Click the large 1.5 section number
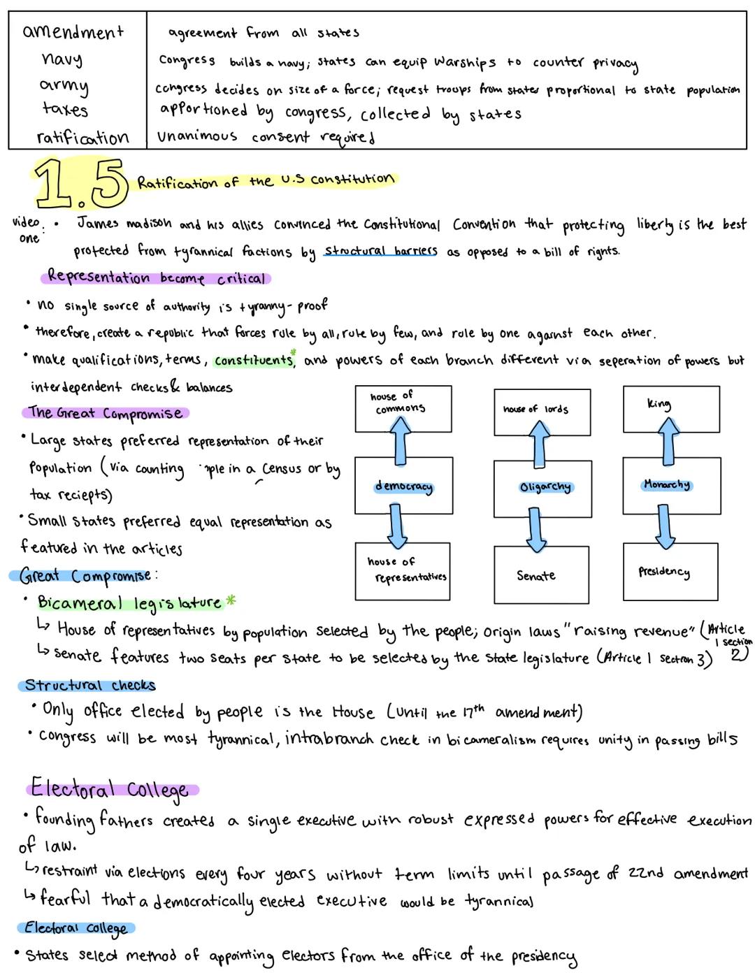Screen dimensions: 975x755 point(80,184)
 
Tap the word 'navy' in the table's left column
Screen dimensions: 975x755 point(62,59)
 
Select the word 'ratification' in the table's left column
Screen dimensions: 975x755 point(82,137)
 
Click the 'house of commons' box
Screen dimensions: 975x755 point(403,408)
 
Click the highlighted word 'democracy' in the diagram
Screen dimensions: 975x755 point(403,486)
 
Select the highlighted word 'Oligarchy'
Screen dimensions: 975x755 point(545,486)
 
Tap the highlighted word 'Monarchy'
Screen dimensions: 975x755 point(666,484)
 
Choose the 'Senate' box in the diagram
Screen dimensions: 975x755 point(541,575)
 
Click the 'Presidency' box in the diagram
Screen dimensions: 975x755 point(670,572)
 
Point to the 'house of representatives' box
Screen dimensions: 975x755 point(402,571)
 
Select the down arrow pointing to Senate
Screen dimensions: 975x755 point(536,529)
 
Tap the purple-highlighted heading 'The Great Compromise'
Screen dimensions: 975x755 point(106,413)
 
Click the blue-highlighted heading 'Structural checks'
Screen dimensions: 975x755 point(89,685)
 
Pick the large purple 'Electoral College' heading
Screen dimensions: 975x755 point(110,790)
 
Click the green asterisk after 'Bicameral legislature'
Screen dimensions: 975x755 point(231,600)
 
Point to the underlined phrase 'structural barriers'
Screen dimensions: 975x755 point(381,251)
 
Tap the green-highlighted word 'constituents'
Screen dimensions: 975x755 point(254,360)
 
